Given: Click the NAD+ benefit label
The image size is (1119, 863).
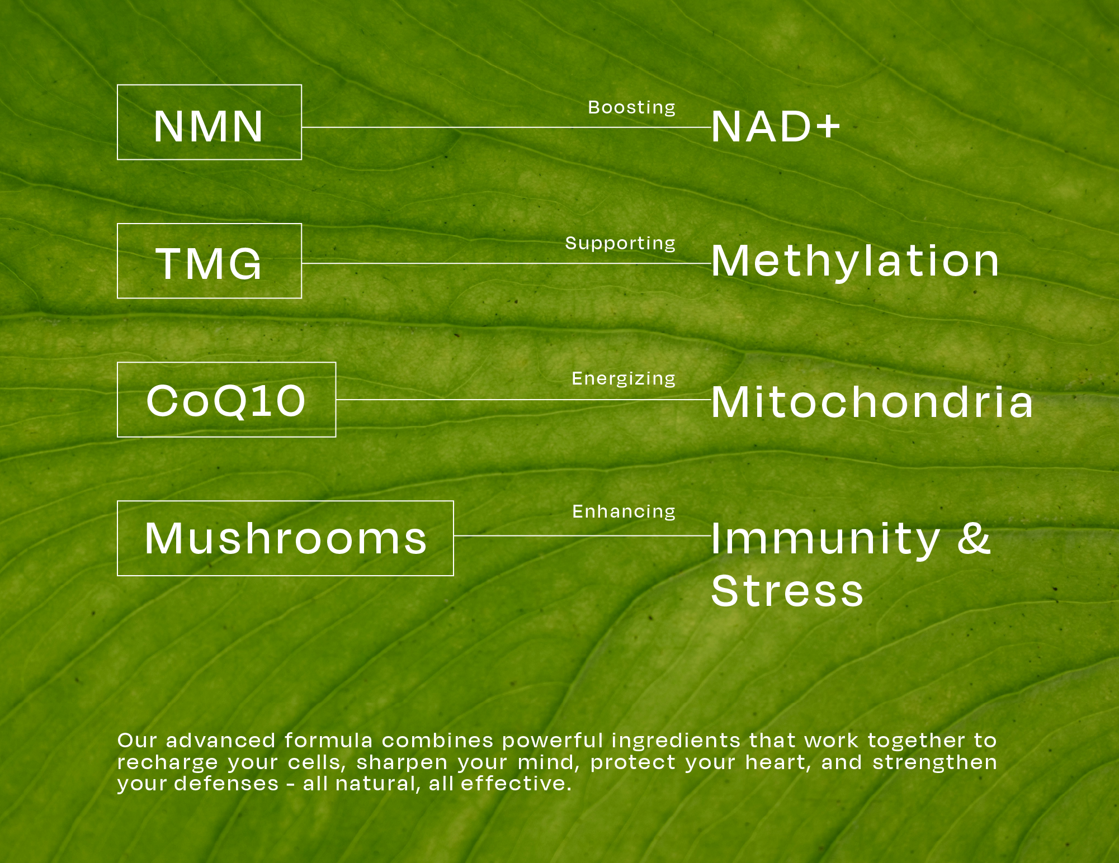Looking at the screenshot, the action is pyautogui.click(x=776, y=126).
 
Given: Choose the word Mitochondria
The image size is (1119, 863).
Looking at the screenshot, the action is pyautogui.click(x=872, y=401).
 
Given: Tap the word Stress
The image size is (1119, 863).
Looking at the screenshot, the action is pyautogui.click(x=787, y=590).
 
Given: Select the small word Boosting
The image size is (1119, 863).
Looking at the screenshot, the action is pyautogui.click(x=632, y=108).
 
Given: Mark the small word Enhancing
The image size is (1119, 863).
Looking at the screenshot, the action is pyautogui.click(x=624, y=512).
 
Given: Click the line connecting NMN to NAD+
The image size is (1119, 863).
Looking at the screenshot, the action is pyautogui.click(x=507, y=127).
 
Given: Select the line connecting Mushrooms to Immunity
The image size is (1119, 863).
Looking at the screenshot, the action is pyautogui.click(x=583, y=535).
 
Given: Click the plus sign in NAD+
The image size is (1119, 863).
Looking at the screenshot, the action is pyautogui.click(x=828, y=126).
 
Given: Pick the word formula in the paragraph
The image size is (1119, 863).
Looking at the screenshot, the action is pyautogui.click(x=328, y=741).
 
